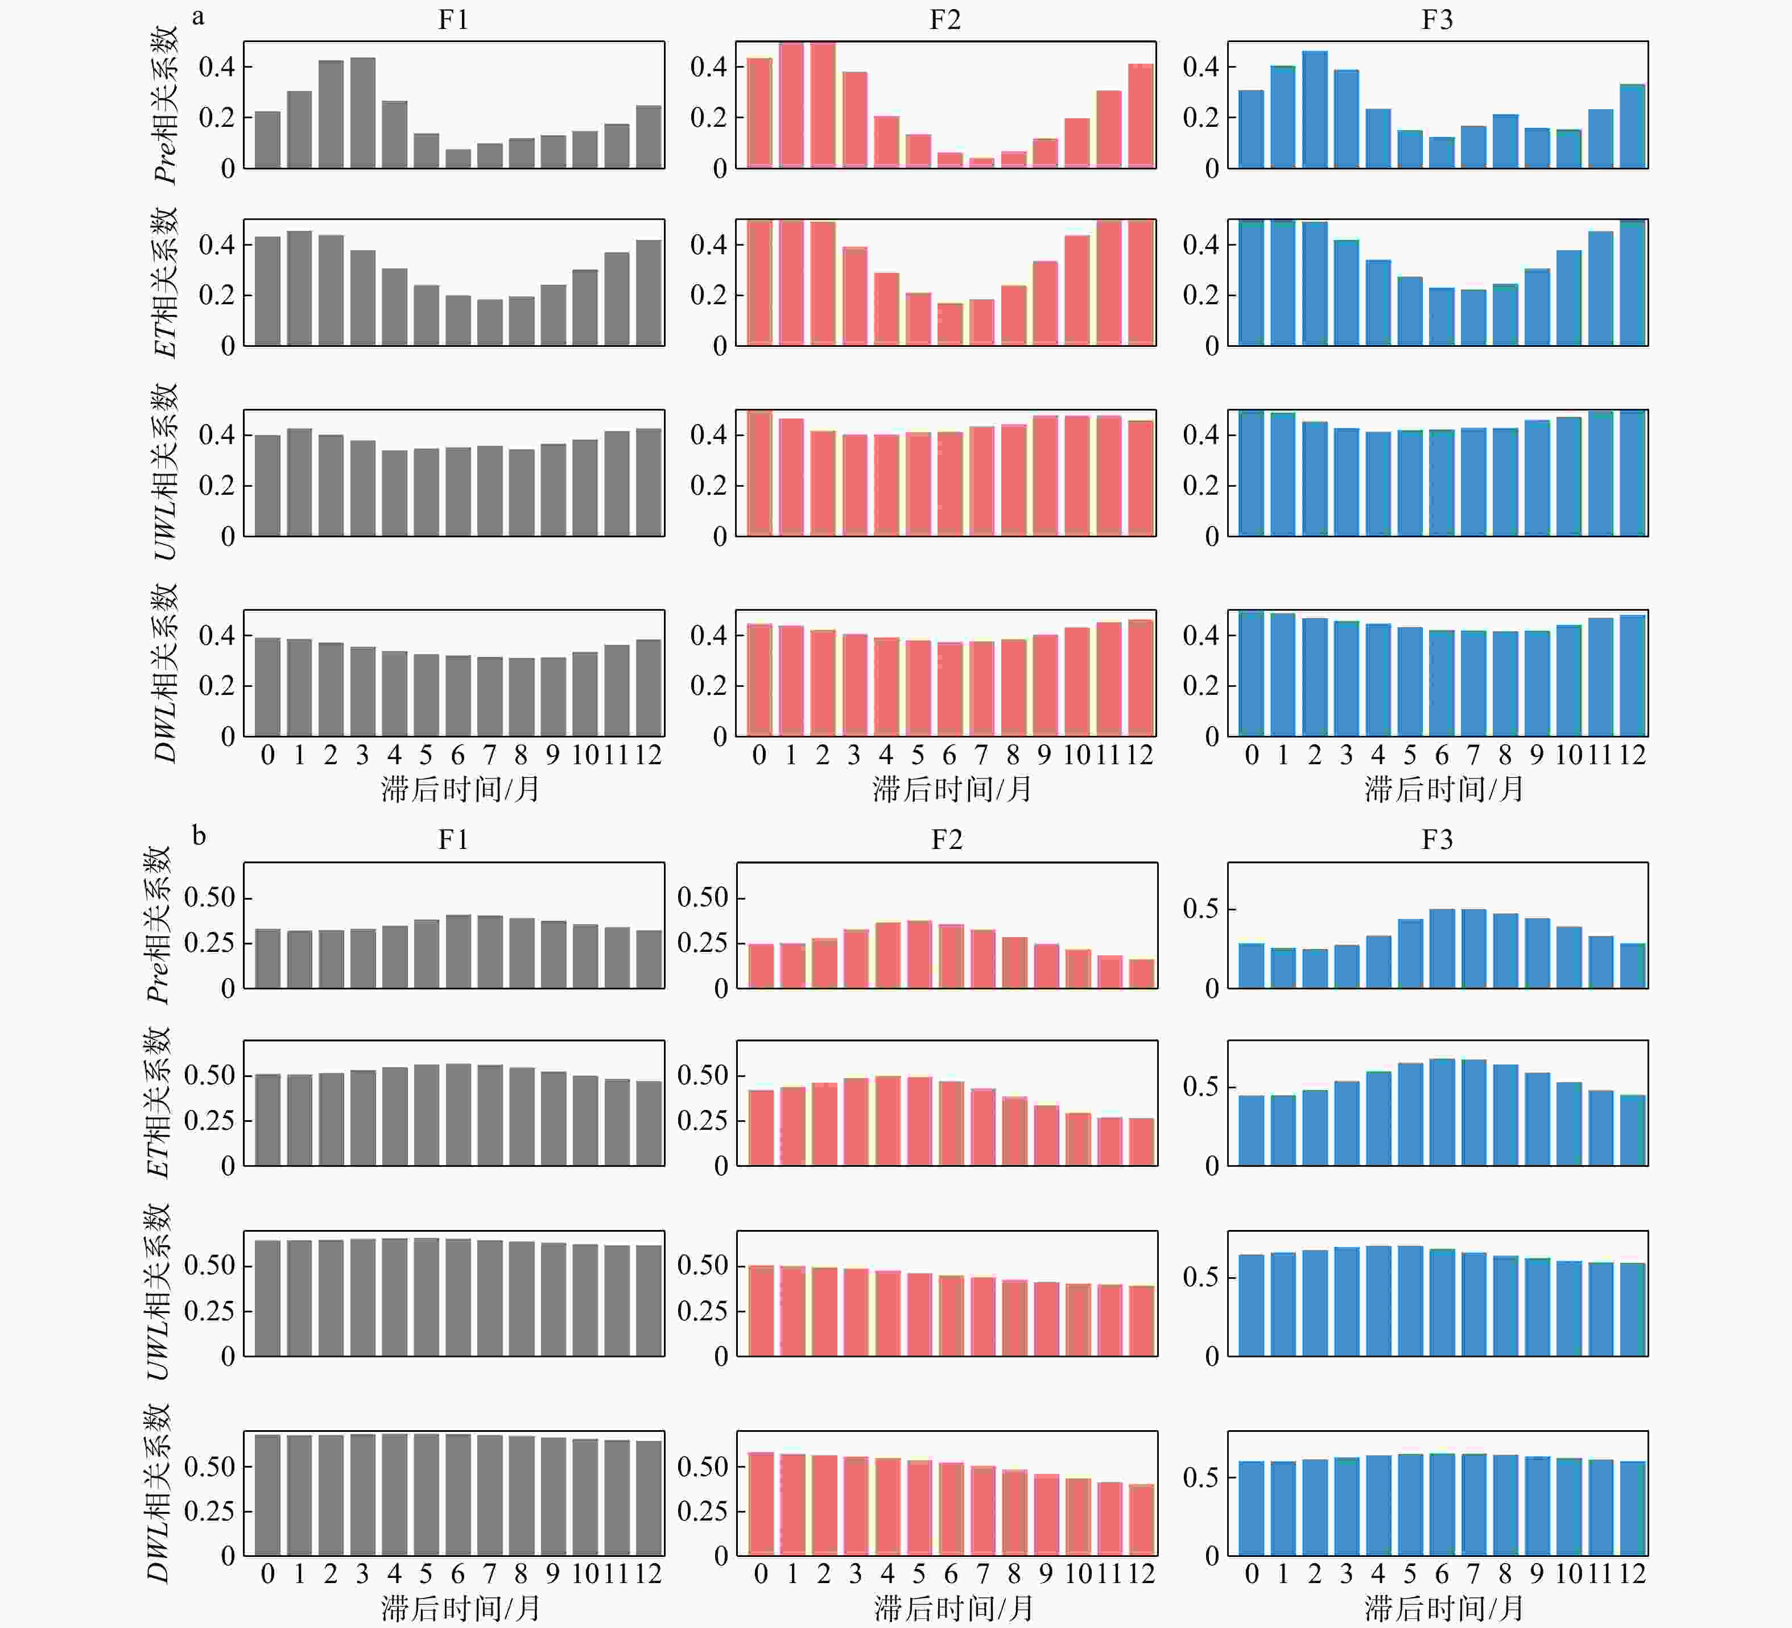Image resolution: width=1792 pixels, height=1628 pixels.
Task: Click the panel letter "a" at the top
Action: coord(197,17)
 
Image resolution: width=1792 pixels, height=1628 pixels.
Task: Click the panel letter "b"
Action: coord(199,836)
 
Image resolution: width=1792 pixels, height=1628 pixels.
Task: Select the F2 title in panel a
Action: coord(945,19)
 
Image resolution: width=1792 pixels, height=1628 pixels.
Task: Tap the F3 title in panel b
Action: coord(1438,840)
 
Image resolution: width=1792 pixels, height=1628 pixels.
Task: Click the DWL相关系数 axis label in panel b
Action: coord(158,1493)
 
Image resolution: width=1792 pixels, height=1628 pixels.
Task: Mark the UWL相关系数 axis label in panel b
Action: coord(158,1293)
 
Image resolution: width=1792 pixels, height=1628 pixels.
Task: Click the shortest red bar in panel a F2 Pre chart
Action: coord(981,163)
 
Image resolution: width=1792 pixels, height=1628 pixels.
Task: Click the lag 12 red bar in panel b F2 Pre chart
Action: coord(1141,974)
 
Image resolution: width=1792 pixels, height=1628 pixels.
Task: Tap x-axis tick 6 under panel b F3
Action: coord(1442,1574)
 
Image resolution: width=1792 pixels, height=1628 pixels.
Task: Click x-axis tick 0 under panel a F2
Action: coord(759,755)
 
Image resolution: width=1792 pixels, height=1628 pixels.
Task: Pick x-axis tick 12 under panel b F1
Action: coord(648,1574)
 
